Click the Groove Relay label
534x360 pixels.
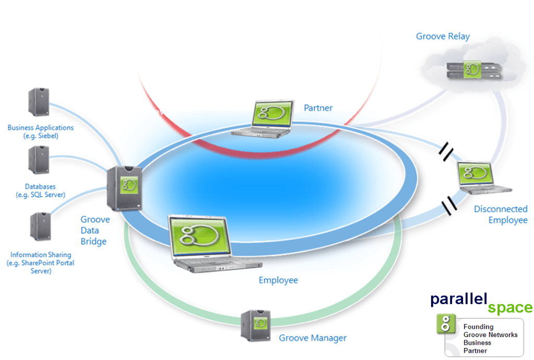pyautogui.click(x=443, y=37)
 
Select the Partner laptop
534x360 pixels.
pyautogui.click(x=261, y=119)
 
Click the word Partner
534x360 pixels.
pyautogui.click(x=318, y=108)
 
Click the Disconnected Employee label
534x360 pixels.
pyautogui.click(x=501, y=214)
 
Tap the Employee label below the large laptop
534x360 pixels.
pyautogui.click(x=278, y=280)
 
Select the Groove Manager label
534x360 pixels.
pyautogui.click(x=313, y=338)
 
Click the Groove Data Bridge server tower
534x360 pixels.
pyautogui.click(x=125, y=188)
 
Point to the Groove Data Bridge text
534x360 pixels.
pyautogui.click(x=95, y=230)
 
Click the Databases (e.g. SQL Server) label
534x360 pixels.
pyautogui.click(x=40, y=190)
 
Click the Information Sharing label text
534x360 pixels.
pyautogui.click(x=40, y=263)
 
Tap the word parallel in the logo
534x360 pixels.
pyautogui.click(x=458, y=299)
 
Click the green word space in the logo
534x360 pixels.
pyautogui.click(x=509, y=308)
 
